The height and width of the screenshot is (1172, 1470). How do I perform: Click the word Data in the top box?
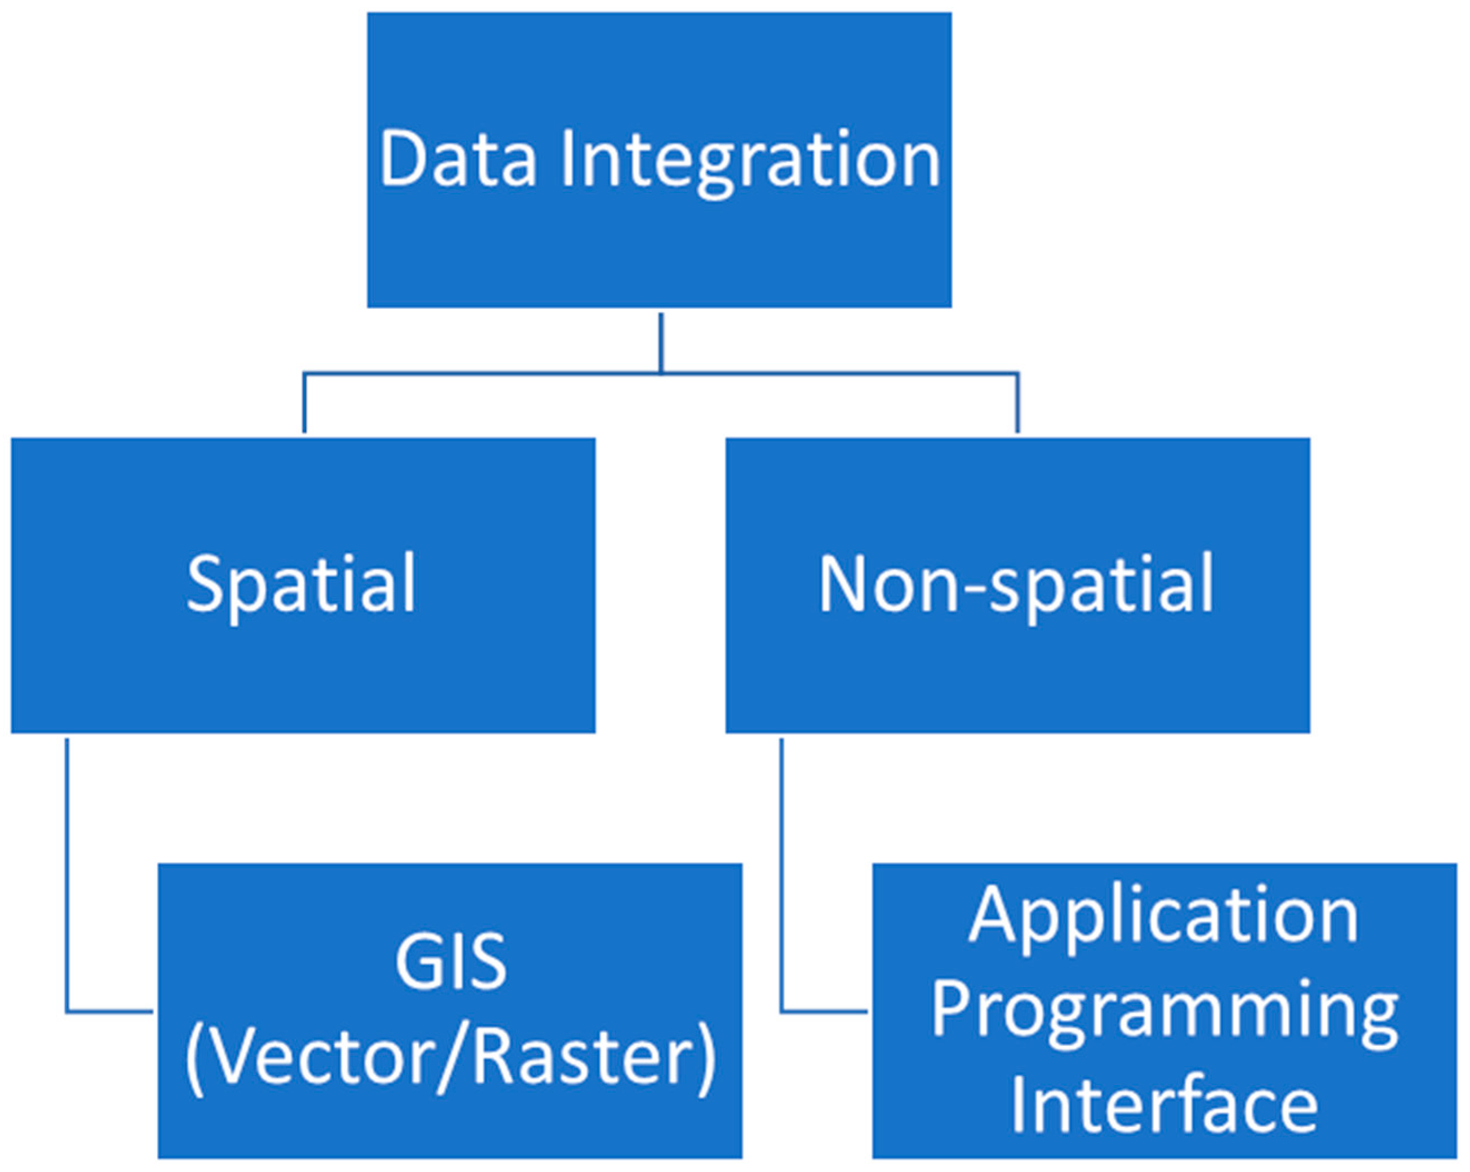tap(458, 158)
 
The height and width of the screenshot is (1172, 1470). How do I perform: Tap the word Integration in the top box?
tap(750, 160)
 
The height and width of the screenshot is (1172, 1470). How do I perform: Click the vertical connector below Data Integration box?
tap(661, 343)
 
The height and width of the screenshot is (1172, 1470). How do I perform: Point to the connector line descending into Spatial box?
tap(304, 403)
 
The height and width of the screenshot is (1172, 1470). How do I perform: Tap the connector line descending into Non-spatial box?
tap(1017, 403)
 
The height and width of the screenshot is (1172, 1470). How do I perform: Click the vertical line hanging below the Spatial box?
tap(67, 873)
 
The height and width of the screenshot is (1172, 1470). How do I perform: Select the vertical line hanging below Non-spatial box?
tap(781, 873)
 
